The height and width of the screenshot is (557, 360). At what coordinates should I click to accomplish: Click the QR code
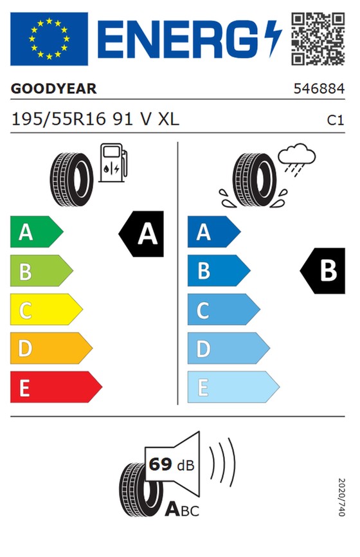coord(318,39)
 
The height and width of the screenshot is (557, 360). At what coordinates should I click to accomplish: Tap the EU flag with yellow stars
coord(49,39)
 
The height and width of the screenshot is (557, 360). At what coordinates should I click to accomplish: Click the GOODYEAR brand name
coord(53,89)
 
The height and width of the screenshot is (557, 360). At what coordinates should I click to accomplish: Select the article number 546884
coord(319,89)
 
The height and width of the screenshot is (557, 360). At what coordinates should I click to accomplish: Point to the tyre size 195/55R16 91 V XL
coord(95,120)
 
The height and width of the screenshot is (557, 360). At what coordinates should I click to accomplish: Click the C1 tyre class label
coord(336,120)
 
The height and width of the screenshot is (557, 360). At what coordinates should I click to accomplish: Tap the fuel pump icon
coord(113,163)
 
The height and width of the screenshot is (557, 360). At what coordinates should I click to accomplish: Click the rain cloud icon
coord(296,158)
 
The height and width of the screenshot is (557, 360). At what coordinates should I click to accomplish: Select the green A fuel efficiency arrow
coord(37,232)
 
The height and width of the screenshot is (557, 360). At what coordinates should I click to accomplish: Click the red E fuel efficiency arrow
coord(56,387)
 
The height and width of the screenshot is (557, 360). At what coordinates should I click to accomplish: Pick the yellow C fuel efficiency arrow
coord(46,309)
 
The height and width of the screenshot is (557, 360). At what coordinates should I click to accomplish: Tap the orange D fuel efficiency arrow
coord(51,348)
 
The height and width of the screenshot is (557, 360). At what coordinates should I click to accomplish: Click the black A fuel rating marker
coord(141,233)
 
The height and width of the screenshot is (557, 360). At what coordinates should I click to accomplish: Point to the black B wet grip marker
coord(323,271)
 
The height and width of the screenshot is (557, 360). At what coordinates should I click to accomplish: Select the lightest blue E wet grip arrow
coord(233,387)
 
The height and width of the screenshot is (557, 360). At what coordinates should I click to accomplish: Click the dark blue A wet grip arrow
coord(213,232)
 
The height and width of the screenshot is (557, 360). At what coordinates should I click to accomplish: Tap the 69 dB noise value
coord(172,464)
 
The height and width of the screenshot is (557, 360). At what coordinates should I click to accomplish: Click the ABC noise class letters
coord(182,510)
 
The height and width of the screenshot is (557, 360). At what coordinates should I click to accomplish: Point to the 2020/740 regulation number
coord(341,497)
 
